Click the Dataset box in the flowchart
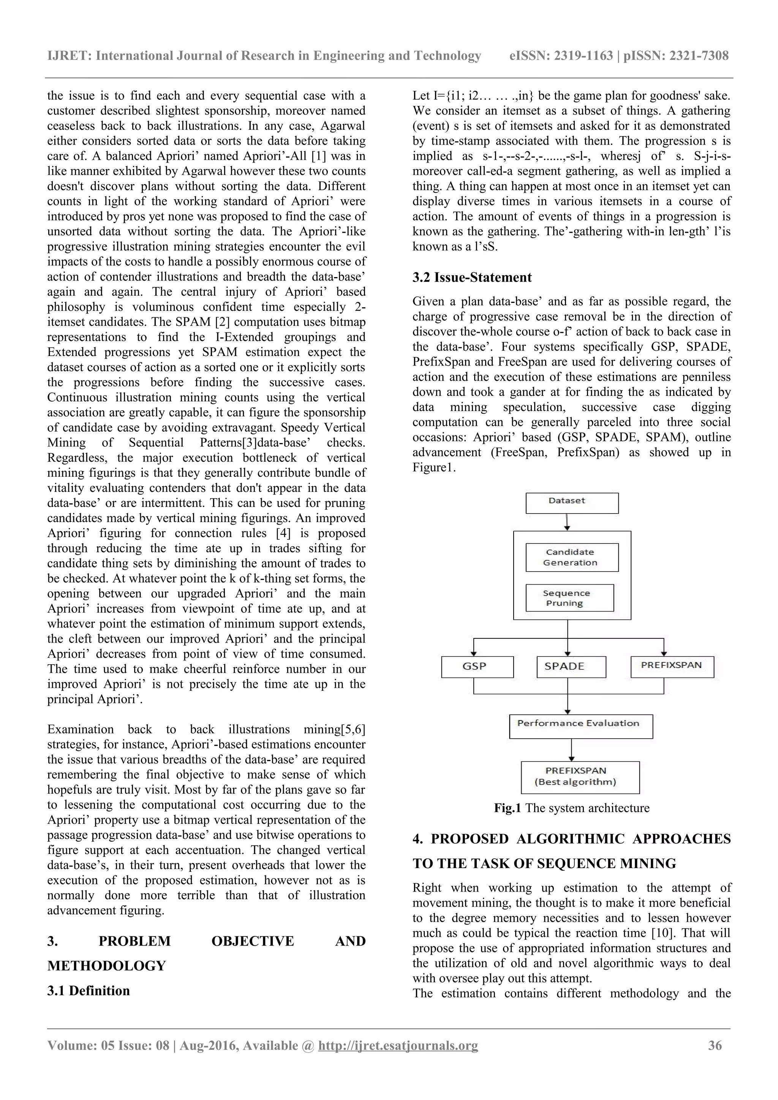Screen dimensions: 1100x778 tap(571, 503)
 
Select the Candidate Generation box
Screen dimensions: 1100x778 tap(571, 557)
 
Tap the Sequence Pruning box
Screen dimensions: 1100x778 tap(569, 597)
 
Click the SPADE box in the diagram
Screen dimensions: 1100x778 tap(571, 667)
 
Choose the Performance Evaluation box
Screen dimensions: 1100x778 tap(580, 726)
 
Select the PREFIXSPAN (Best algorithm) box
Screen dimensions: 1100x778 tap(580, 777)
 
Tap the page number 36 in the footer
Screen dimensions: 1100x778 tap(714, 1045)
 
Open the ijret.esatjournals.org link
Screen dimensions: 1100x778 tap(398, 1045)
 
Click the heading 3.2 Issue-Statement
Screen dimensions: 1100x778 tap(472, 277)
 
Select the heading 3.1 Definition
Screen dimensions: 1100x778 tap(88, 991)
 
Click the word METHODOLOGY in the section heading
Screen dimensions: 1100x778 tap(106, 966)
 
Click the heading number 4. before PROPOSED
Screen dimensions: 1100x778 tap(417, 839)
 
